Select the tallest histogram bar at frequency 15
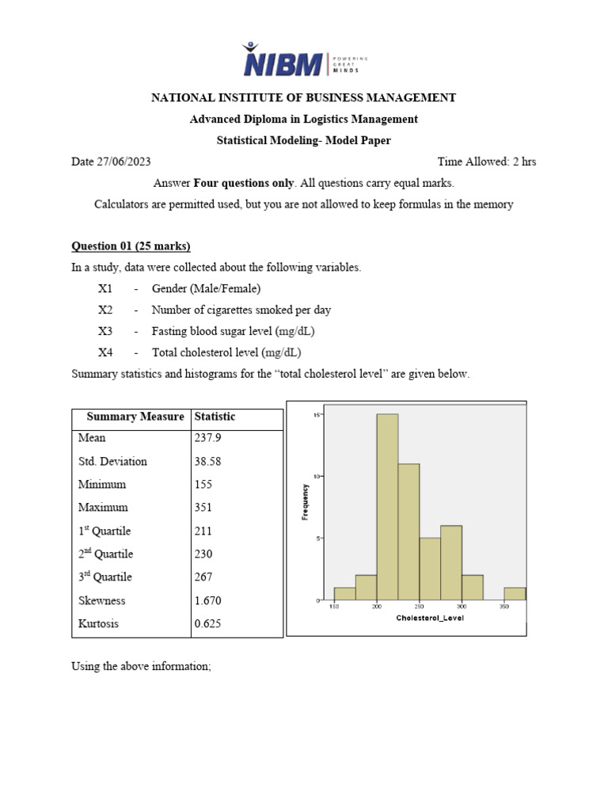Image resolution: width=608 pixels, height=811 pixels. [387, 507]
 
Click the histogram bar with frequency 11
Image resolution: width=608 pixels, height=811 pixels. [408, 531]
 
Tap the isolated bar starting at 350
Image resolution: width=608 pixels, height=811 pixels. [515, 593]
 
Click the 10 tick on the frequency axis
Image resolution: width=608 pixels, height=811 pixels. [316, 476]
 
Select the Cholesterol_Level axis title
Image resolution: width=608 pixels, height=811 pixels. [430, 618]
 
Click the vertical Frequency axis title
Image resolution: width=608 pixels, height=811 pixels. [306, 502]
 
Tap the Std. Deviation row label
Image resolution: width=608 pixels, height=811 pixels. [112, 461]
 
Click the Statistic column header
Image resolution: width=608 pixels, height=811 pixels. [215, 417]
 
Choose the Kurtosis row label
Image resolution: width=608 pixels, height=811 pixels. [100, 623]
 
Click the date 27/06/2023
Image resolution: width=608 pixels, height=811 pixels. [124, 162]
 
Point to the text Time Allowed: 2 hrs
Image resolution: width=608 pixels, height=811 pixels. [486, 162]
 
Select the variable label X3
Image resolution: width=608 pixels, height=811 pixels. [106, 331]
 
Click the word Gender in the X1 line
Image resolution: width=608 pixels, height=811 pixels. [169, 288]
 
